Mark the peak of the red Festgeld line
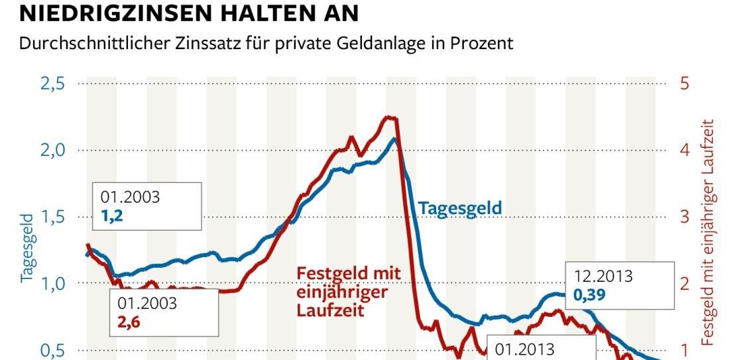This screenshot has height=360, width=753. click(x=389, y=117)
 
